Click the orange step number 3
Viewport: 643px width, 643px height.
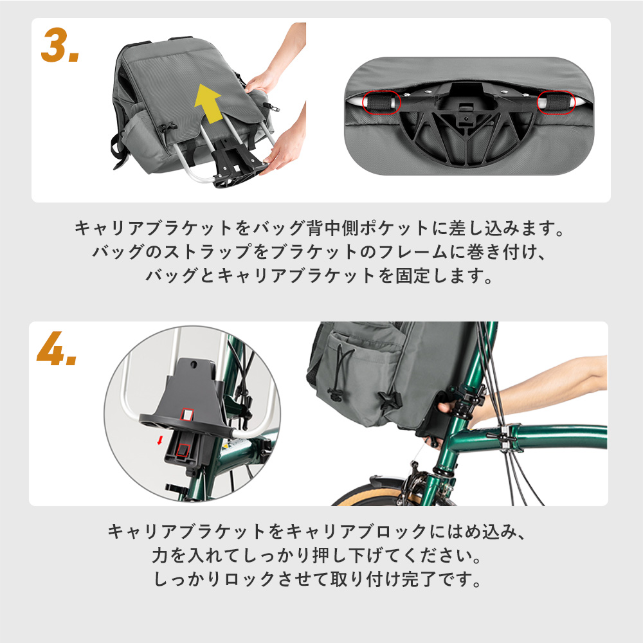tap(59, 46)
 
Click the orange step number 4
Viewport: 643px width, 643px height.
tap(57, 350)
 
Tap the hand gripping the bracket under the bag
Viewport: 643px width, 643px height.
tap(448, 405)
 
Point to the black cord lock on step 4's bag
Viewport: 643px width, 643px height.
tap(335, 394)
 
